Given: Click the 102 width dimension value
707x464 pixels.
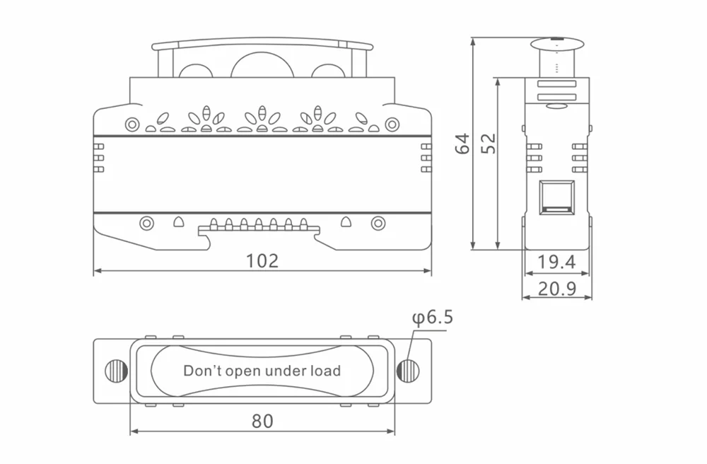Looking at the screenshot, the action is click(262, 260).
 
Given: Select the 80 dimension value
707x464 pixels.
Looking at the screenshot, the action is click(262, 421).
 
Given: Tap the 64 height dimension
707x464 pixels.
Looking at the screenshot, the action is click(462, 144).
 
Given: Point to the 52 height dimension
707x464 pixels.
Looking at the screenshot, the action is click(489, 144).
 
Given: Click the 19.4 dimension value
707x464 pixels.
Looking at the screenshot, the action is click(557, 262).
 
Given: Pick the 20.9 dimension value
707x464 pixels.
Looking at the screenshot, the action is click(557, 289).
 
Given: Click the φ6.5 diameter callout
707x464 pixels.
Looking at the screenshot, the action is click(432, 318).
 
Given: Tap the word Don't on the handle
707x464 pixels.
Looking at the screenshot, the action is click(202, 371).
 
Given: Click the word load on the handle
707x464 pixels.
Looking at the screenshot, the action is click(325, 371).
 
